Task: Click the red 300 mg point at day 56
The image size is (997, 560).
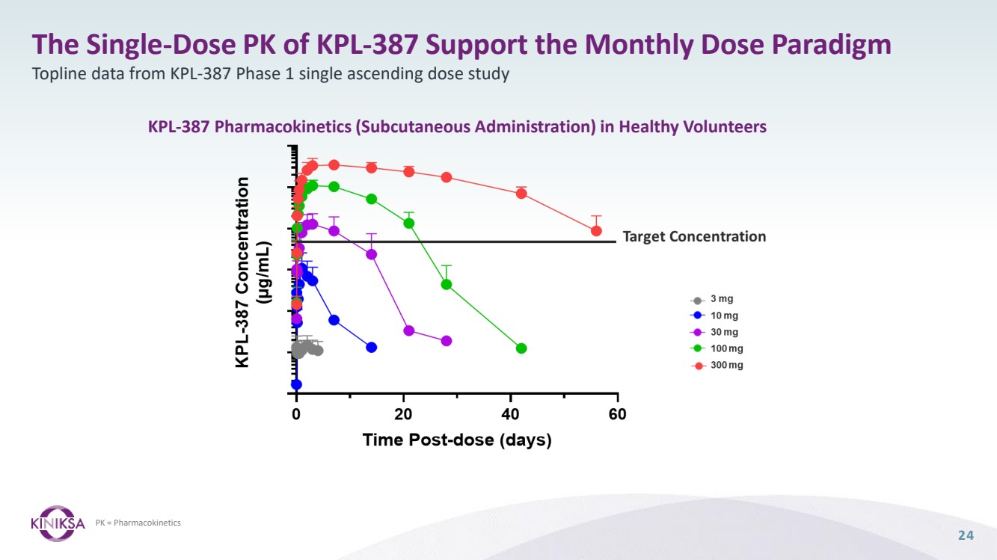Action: [x=596, y=231]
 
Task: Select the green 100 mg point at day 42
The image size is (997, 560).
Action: [x=521, y=348]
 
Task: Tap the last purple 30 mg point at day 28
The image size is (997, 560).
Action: [x=447, y=341]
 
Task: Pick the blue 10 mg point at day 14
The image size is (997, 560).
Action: [x=372, y=347]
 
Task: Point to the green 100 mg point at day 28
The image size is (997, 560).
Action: [x=447, y=284]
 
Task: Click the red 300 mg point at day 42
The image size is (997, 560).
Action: [x=521, y=194]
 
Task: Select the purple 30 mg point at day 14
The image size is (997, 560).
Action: [x=372, y=254]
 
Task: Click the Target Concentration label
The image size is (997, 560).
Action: [x=694, y=237]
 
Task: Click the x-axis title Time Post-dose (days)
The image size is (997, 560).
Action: [x=457, y=440]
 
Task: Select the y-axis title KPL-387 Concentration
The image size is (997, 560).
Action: [x=242, y=272]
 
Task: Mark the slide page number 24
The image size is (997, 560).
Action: [x=966, y=535]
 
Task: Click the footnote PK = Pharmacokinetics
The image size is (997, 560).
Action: [x=138, y=523]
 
